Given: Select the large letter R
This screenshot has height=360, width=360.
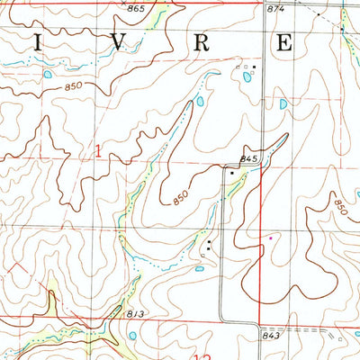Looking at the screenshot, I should pyautogui.click(x=202, y=41).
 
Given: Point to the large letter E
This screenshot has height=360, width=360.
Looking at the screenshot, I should pyautogui.click(x=285, y=41).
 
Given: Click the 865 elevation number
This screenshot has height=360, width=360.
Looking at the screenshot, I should pyautogui.click(x=136, y=8).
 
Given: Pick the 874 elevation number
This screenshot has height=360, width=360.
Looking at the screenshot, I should pyautogui.click(x=276, y=8).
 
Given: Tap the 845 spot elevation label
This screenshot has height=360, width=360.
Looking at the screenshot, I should pyautogui.click(x=249, y=159).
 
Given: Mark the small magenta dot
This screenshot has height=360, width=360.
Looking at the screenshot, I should pyautogui.click(x=268, y=238).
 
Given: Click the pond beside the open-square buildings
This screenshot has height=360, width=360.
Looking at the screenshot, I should pyautogui.click(x=247, y=77).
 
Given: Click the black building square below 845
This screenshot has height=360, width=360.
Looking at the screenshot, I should pyautogui.click(x=232, y=172).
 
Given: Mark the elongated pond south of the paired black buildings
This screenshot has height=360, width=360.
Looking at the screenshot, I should pyautogui.click(x=200, y=267).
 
